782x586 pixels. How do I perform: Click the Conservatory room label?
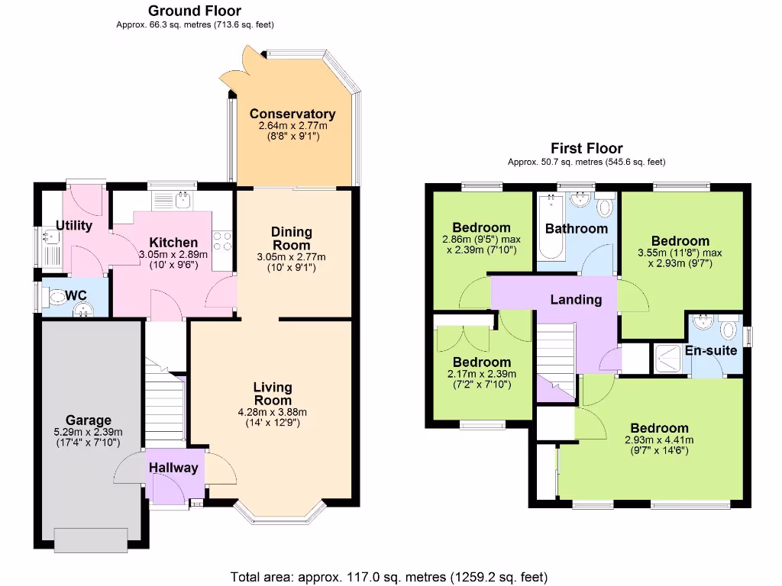292,114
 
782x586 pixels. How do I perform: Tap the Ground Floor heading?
195,11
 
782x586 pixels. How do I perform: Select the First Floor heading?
586,149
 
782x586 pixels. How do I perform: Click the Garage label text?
88,420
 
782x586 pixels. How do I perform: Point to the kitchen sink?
182,201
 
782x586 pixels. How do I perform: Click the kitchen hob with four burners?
221,242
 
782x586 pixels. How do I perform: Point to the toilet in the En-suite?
729,331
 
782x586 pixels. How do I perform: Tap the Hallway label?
173,468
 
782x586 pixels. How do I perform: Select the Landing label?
575,300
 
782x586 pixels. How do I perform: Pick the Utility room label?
74,226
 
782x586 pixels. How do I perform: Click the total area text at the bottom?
389,576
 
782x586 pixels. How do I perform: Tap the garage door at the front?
90,539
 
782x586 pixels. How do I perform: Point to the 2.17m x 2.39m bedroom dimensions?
481,379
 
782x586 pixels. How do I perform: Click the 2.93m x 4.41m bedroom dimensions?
659,446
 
